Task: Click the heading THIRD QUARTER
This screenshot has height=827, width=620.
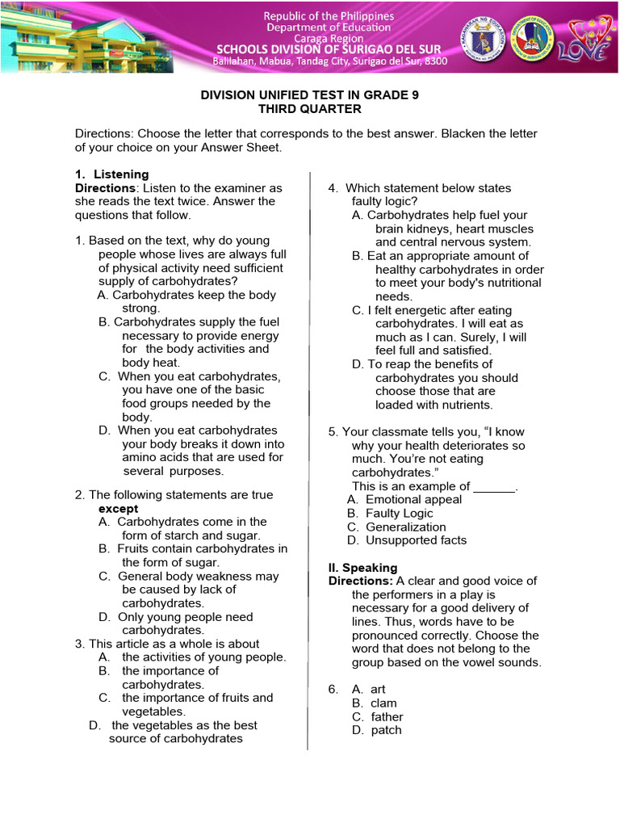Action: click(x=309, y=109)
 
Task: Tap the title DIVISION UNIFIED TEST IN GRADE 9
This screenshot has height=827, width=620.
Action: click(x=309, y=95)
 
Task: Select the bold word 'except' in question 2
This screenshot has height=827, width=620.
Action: click(x=118, y=509)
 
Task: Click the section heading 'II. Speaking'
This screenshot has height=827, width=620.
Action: click(x=362, y=568)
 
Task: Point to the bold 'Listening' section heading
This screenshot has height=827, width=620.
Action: click(x=121, y=174)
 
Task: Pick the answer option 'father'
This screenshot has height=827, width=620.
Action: click(x=387, y=717)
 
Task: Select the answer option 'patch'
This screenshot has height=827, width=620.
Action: click(x=386, y=731)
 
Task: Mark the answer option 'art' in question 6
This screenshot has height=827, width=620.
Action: click(x=378, y=690)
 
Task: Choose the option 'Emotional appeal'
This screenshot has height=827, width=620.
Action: click(x=413, y=500)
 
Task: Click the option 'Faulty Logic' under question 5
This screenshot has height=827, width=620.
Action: click(x=399, y=514)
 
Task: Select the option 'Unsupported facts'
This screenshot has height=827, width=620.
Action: click(x=416, y=541)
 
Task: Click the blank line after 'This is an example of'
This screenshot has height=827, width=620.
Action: click(x=493, y=487)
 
